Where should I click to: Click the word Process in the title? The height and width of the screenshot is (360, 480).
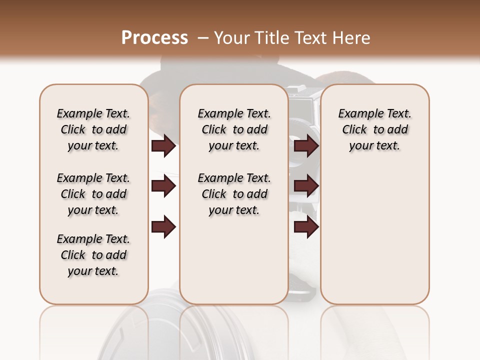point(154,38)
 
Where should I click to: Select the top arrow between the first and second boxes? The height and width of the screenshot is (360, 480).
point(163,146)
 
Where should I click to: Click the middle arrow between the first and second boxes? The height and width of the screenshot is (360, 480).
point(163,186)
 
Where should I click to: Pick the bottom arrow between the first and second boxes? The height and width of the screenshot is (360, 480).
point(163,227)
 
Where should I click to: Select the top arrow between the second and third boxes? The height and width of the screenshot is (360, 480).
point(306,146)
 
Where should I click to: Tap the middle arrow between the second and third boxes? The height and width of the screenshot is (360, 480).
point(306,186)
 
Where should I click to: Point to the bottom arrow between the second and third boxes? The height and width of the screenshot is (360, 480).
point(306,227)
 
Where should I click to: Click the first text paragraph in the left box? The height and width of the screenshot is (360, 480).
point(93,129)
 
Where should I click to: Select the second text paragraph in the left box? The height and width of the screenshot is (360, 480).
point(93,194)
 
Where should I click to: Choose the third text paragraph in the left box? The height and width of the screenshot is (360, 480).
point(93,255)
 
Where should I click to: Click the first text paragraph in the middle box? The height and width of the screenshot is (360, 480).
point(234,129)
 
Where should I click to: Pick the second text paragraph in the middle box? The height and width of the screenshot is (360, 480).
point(234,194)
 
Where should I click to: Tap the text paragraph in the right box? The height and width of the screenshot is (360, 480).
point(374,129)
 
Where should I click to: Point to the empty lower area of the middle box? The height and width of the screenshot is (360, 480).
point(234,260)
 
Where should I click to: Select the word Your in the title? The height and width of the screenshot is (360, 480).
point(232,38)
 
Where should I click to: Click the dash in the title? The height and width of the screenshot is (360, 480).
point(203,38)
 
